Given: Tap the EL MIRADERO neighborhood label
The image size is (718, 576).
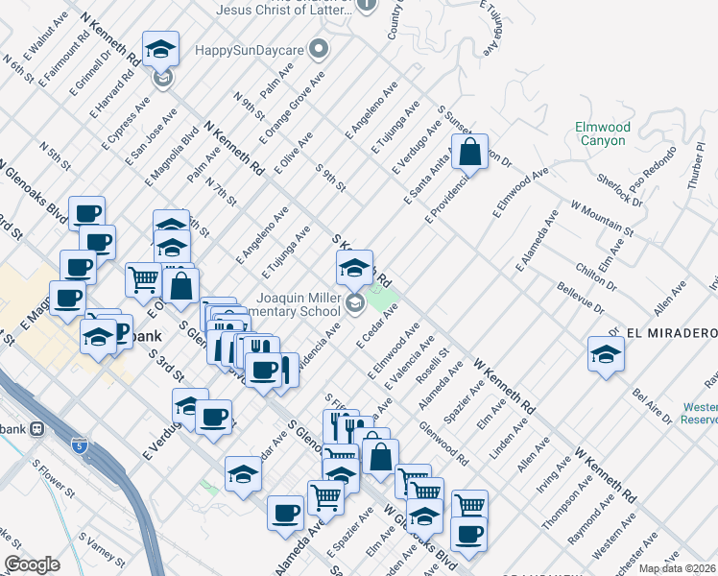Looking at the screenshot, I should pos(671,332).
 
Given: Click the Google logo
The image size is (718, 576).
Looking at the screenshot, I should pos(32,564).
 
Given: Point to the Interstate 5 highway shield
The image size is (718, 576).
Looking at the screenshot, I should pos(82,446).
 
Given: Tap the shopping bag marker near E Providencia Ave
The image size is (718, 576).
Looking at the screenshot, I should pos(469,153).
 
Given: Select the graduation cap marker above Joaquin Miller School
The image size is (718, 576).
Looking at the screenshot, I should pos(354,267).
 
